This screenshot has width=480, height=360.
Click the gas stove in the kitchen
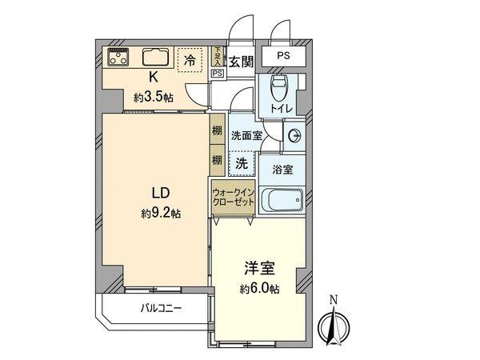[118, 57]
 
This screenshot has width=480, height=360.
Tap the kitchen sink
[156, 57]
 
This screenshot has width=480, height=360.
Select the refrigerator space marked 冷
[190, 60]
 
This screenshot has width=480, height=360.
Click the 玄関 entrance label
[242, 62]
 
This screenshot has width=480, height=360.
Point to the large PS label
[283, 56]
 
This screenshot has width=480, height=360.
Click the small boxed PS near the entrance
[218, 74]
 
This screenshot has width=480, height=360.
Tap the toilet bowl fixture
[279, 87]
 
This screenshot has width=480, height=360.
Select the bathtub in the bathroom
[282, 199]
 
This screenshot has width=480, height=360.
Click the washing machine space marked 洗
[242, 164]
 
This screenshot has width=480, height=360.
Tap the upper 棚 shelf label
[217, 130]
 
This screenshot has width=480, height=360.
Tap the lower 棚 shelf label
[217, 160]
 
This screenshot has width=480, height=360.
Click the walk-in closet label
[234, 198]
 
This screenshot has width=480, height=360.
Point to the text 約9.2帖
[161, 213]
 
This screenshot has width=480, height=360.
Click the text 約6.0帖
[259, 289]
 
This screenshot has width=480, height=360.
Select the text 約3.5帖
[154, 98]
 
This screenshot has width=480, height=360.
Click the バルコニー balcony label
[162, 308]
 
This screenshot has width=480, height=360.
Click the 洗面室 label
[247, 135]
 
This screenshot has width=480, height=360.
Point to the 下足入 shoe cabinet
[218, 56]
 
